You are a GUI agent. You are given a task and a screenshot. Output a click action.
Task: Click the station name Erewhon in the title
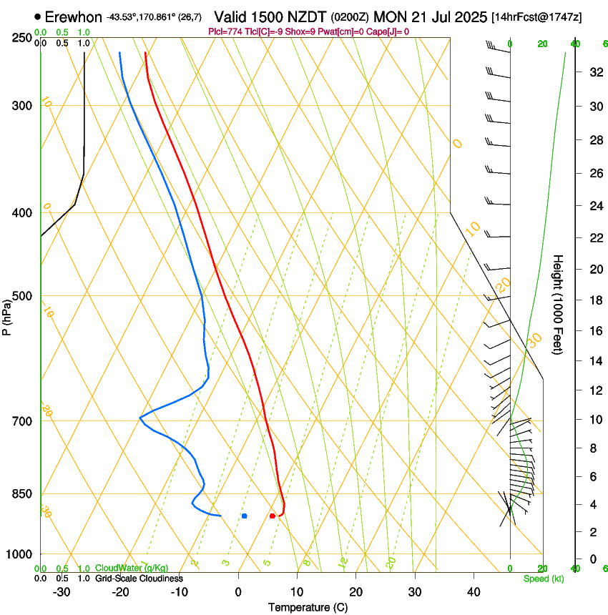pyautogui.click(x=74, y=16)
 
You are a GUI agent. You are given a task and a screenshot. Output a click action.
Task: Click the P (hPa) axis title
pyautogui.click(x=7, y=314)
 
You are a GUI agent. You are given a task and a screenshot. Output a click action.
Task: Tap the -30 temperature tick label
pyautogui.click(x=62, y=592)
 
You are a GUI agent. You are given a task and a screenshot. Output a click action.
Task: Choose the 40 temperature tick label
pyautogui.click(x=473, y=592)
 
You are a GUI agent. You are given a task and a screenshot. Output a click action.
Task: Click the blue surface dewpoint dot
pyautogui.click(x=244, y=516)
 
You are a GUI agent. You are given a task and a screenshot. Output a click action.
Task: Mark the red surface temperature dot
pyautogui.click(x=273, y=516)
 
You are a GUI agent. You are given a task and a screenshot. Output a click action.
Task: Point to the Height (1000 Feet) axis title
pyautogui.click(x=558, y=304)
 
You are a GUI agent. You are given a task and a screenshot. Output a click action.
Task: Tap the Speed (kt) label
pyautogui.click(x=543, y=579)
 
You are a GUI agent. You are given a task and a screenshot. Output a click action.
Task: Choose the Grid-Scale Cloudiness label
pyautogui.click(x=139, y=579)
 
